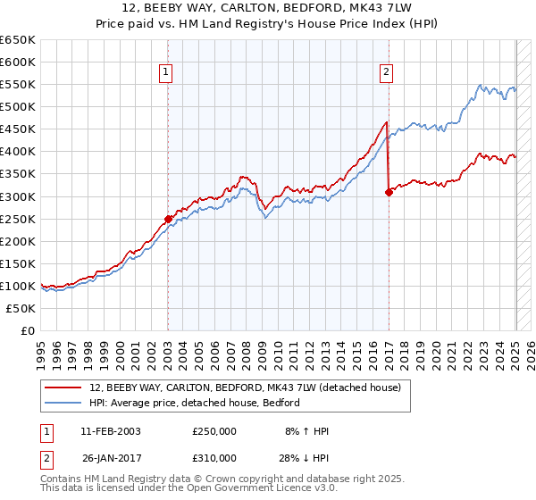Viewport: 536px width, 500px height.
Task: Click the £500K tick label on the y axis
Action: point(18,107)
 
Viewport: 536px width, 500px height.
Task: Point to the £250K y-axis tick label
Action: point(18,219)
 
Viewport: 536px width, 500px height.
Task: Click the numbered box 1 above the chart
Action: point(167,73)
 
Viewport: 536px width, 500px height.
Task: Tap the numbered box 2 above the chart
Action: point(387,73)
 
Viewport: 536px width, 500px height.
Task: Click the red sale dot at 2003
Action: point(168,219)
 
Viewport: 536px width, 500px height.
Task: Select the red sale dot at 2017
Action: point(389,192)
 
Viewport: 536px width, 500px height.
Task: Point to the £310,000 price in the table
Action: point(214,458)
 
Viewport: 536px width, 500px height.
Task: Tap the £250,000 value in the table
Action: point(214,432)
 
